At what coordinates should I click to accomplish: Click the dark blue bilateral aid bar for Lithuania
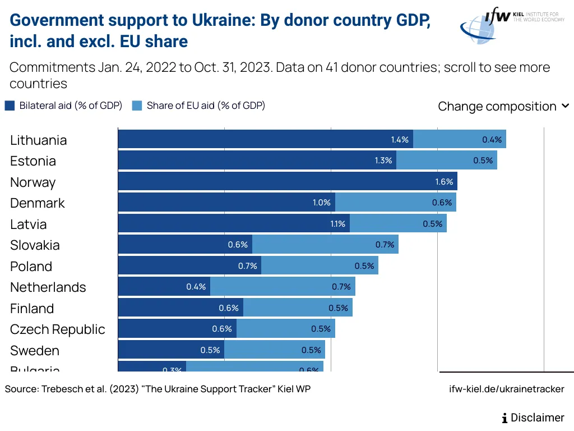point(265,140)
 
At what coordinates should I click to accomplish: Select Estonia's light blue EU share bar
point(446,161)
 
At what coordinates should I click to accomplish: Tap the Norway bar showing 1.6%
point(288,182)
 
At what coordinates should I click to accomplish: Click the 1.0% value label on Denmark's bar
point(322,203)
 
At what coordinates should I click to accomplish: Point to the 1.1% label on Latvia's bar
point(337,224)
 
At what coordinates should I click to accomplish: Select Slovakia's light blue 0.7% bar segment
point(325,245)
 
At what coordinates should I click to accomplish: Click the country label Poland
point(31,267)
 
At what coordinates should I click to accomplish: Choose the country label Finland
point(32,309)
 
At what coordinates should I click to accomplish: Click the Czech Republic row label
point(57,329)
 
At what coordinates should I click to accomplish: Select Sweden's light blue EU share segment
point(274,350)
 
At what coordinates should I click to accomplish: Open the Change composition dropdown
point(503,106)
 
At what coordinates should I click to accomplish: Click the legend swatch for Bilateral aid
point(10,106)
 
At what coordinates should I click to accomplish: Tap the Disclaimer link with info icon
point(533,418)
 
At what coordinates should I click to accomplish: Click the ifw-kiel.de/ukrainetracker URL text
point(507,389)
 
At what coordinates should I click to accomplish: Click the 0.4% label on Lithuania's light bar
point(492,140)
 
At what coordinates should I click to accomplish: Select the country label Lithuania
point(38,140)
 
